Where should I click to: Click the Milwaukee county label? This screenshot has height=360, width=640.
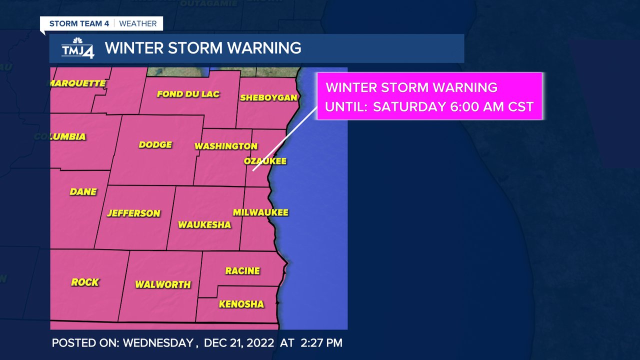pos(260,212)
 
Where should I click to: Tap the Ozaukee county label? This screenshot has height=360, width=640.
pos(265,161)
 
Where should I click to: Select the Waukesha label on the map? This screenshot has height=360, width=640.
pos(204,225)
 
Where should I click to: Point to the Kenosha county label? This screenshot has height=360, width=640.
pos(241,304)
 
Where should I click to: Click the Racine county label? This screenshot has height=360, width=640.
pos(242,271)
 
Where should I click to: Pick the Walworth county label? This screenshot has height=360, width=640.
pos(163,284)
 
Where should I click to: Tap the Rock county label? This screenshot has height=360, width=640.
pos(85,282)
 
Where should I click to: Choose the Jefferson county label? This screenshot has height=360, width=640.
pos(133,213)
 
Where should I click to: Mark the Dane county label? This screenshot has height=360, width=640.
pos(83,191)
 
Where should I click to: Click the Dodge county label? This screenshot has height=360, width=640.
pos(155,145)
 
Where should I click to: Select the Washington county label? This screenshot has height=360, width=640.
pos(225,146)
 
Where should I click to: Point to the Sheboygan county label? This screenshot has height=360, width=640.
pos(268,97)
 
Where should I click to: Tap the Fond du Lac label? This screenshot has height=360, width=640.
pos(188,94)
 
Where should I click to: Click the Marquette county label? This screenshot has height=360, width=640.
pos(77,83)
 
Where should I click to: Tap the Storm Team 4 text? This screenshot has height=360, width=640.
pos(79,23)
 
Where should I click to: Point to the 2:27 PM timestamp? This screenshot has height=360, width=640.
pos(321,343)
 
